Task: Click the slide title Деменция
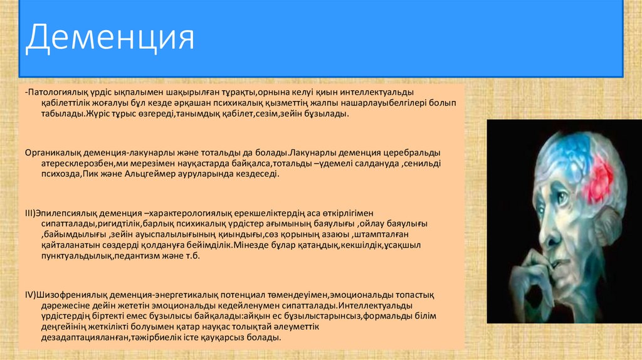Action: coord(110,38)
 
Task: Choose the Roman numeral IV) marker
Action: coord(31,295)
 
